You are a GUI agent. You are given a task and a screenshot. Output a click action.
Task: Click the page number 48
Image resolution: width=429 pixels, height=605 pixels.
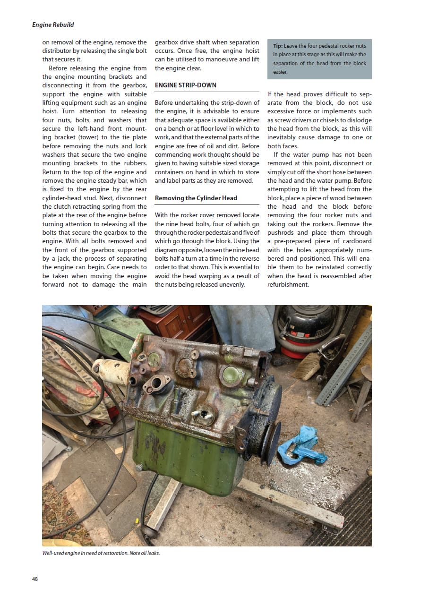tap(35, 579)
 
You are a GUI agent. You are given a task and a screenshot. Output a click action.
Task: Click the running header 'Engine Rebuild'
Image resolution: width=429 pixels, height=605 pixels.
tap(53, 25)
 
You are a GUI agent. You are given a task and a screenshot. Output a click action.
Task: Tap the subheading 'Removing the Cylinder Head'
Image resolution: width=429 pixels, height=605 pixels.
tap(196, 198)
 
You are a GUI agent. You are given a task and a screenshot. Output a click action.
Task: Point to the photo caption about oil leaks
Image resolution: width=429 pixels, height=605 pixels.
tap(101, 553)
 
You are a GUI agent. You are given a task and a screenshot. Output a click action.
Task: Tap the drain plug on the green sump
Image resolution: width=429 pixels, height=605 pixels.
tap(140, 468)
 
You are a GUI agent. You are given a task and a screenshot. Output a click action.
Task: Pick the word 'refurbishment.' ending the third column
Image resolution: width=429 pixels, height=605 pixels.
tap(288, 285)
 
